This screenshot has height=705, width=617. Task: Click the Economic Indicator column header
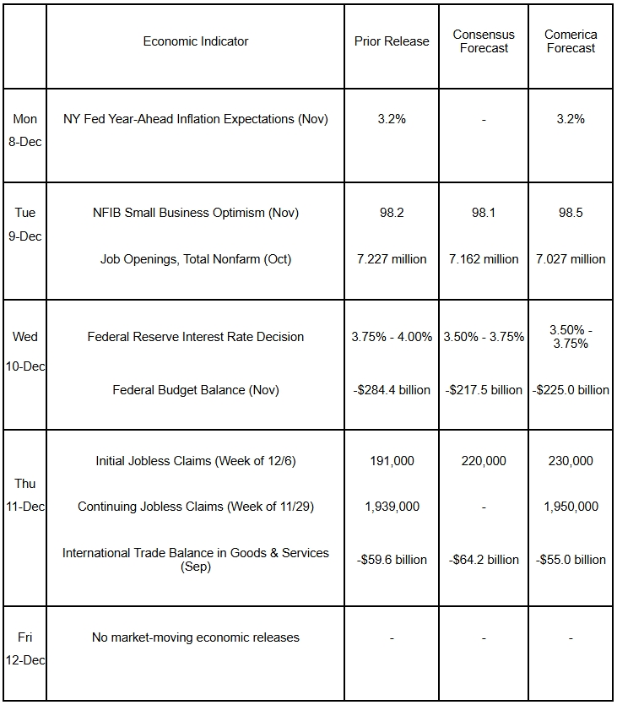[x=196, y=41]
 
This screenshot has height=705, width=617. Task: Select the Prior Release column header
[x=392, y=41]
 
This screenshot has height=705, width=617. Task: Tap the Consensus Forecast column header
[x=484, y=41]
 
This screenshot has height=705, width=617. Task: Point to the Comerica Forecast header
[x=571, y=41]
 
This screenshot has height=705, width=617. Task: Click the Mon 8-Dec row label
[x=25, y=130]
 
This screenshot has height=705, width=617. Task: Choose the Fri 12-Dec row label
[x=25, y=648]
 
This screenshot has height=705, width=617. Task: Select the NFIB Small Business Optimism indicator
[x=196, y=213]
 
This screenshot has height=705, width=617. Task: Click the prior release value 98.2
[x=392, y=213]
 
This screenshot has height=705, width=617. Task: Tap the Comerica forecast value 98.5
[x=571, y=213]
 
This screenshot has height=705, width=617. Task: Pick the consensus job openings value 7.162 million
[x=484, y=259]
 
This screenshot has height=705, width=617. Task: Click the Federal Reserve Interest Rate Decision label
[x=196, y=337]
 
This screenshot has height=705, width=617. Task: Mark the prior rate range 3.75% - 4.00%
[x=392, y=337]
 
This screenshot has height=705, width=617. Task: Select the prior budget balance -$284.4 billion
[x=392, y=390]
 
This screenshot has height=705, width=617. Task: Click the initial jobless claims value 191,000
[x=392, y=461]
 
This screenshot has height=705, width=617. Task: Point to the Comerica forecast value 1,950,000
[x=571, y=507]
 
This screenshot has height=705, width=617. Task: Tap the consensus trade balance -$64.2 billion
[x=484, y=560]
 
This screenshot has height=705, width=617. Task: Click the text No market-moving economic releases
[x=196, y=637]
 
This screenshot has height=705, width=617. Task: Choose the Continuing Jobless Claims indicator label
[x=196, y=507]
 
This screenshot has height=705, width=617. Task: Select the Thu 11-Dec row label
[x=25, y=495]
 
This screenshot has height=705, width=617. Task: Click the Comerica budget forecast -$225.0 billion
[x=571, y=390]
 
